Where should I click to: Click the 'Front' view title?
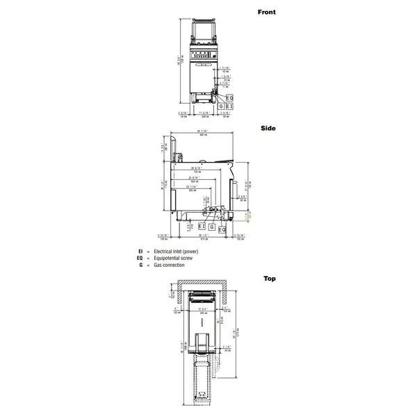pos(266,13)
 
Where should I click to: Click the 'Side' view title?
pos(268,129)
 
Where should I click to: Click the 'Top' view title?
pos(269,279)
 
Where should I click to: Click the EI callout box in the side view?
pos(202,227)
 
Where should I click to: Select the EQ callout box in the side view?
pos(222,230)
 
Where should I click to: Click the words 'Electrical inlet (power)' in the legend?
pos(177,251)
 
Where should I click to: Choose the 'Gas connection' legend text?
pos(170,265)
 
